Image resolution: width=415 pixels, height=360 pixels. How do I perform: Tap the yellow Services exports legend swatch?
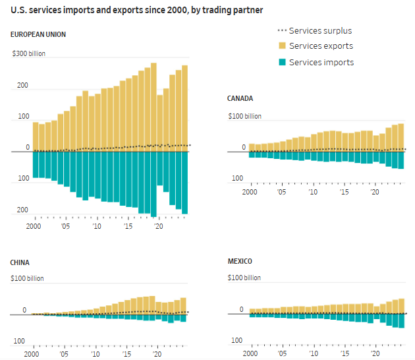tap(281, 46)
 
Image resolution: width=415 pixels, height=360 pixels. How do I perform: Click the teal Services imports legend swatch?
tap(281, 62)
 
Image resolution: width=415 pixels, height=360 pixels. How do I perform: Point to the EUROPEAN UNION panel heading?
tap(38, 34)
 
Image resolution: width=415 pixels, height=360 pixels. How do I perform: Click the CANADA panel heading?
tap(240, 98)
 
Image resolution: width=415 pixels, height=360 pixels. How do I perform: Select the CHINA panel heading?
tap(20, 262)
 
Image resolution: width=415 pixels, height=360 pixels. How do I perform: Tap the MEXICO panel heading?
tap(240, 261)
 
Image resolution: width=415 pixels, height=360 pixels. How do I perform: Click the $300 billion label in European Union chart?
tap(29, 54)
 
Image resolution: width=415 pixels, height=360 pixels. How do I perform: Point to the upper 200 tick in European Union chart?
tap(23, 86)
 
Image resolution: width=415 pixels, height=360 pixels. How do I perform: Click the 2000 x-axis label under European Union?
tap(35, 226)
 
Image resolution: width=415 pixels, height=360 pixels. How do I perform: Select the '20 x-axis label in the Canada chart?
tap(375, 192)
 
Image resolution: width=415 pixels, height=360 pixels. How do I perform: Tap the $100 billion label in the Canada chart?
tap(244, 116)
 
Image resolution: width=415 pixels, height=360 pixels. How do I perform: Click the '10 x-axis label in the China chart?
tap(97, 354)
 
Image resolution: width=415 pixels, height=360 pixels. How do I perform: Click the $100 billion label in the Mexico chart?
tap(244, 278)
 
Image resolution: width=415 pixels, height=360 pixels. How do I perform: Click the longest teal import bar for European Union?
tap(153, 184)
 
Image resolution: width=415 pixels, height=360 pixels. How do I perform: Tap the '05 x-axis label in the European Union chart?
tap(65, 226)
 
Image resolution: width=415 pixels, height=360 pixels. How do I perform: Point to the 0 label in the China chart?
tap(24, 310)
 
